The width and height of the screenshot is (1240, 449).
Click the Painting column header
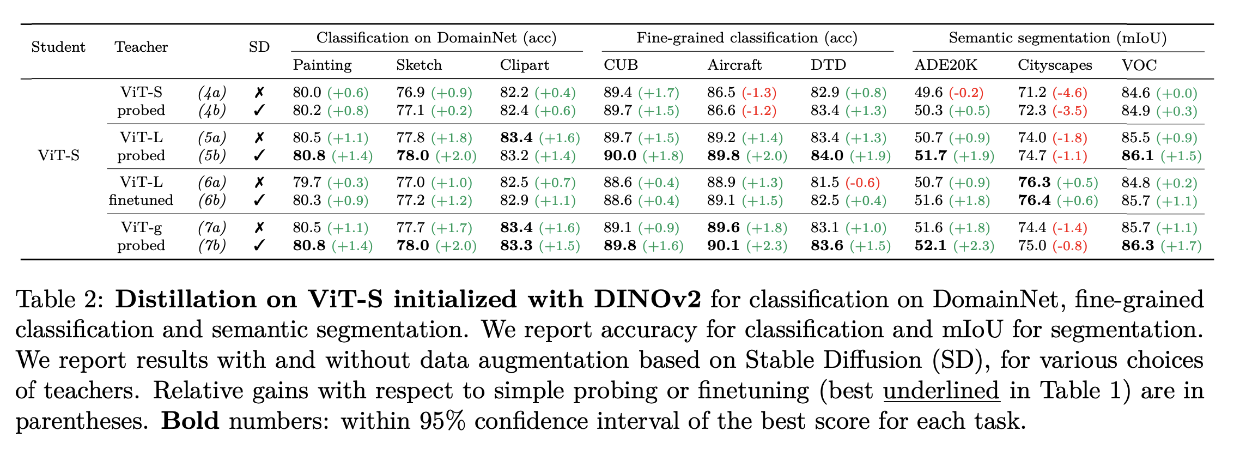pyautogui.click(x=322, y=65)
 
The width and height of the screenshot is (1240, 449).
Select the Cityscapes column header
pyautogui.click(x=1055, y=65)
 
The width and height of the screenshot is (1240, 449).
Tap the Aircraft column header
pyautogui.click(x=734, y=65)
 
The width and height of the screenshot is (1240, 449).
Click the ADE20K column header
pyautogui.click(x=945, y=65)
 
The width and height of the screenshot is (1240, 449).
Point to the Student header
pyautogui.click(x=58, y=47)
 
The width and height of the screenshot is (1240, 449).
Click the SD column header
pyautogui.click(x=259, y=47)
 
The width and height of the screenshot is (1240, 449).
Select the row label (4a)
pyautogui.click(x=212, y=93)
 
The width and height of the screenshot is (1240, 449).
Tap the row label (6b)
pyautogui.click(x=212, y=201)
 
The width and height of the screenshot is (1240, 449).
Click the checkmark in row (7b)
pyautogui.click(x=259, y=246)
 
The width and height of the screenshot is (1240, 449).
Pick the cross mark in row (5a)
pyautogui.click(x=259, y=138)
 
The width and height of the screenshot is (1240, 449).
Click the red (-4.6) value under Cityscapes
pyautogui.click(x=1069, y=93)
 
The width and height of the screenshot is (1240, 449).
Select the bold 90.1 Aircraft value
pyautogui.click(x=723, y=246)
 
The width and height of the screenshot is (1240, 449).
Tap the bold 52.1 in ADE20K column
pyautogui.click(x=930, y=246)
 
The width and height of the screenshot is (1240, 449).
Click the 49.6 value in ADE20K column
pyautogui.click(x=928, y=93)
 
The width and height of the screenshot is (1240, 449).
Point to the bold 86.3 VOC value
pyautogui.click(x=1137, y=246)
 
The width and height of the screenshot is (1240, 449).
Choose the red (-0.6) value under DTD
pyautogui.click(x=862, y=183)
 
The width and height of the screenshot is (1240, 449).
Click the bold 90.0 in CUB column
pyautogui.click(x=619, y=156)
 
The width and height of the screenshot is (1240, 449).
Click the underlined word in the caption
pyautogui.click(x=941, y=391)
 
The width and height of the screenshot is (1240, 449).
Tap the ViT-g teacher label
pyautogui.click(x=141, y=227)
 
